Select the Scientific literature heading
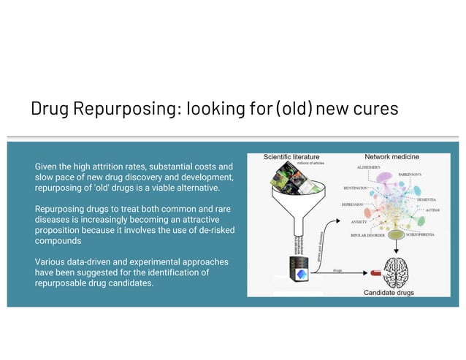click(291, 156)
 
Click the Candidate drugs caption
click(389, 293)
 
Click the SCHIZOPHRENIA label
click(426, 236)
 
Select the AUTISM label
click(432, 210)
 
